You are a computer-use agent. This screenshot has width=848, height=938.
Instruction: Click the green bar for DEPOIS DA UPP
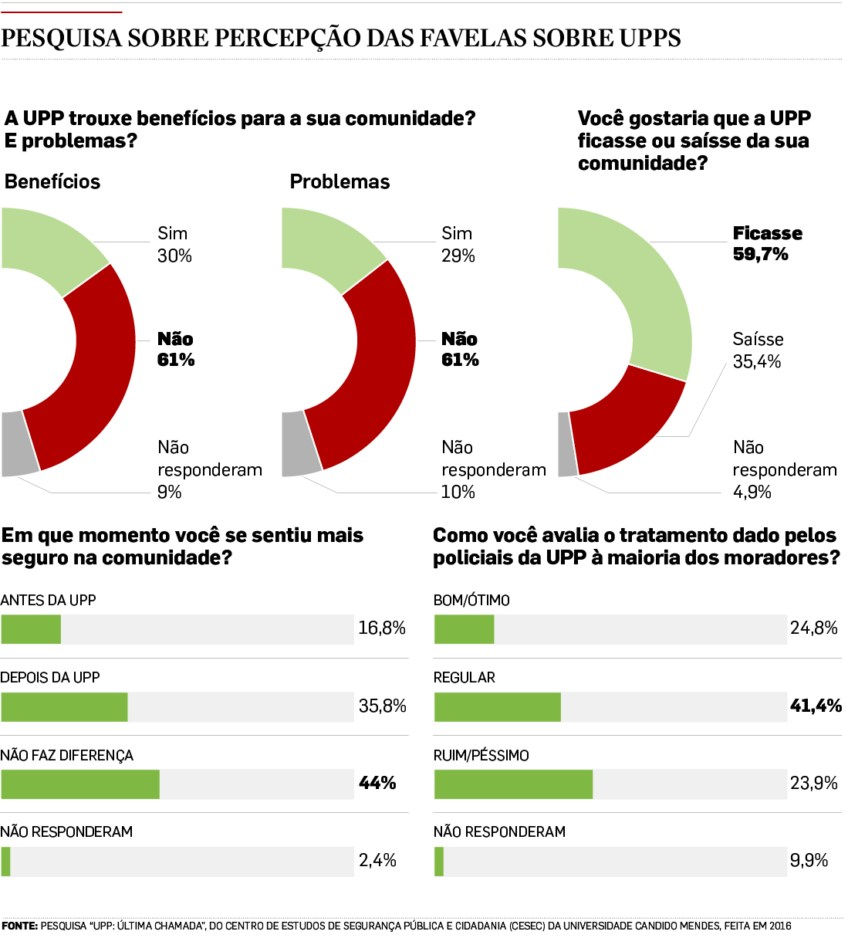pos(64,707)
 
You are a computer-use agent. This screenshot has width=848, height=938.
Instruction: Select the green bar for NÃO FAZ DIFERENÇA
pos(80,784)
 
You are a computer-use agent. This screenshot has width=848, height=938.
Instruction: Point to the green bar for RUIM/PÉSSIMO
pos(513,784)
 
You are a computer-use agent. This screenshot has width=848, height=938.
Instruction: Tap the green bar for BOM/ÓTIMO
pos(464,630)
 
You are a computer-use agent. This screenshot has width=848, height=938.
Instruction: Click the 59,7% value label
pos(760,255)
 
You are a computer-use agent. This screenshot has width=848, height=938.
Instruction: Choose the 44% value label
pos(377,784)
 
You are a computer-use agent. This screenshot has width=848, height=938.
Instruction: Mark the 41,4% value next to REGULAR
pos(815,706)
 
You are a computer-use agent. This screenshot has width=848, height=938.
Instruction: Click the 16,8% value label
pos(382,628)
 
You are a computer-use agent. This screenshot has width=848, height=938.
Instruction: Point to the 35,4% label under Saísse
pos(756,362)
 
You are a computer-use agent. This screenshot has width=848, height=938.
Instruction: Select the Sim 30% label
pos(174,245)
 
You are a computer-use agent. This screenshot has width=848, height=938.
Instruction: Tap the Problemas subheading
pos(340,182)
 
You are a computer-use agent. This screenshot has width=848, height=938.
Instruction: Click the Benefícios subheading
pos(52,182)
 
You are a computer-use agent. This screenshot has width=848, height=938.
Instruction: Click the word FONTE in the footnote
pos(19,926)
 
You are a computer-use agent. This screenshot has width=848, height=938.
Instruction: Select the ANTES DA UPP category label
pos(48,601)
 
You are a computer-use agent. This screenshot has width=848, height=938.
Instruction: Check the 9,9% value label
pos(809,861)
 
